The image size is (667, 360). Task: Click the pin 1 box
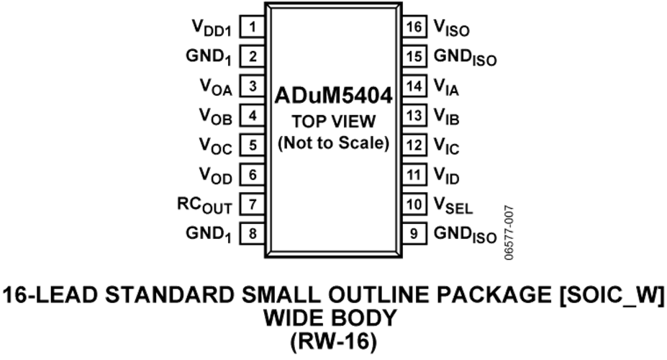[x=253, y=27]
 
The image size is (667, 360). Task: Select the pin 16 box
[x=414, y=27]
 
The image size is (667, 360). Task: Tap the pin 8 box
[x=253, y=233]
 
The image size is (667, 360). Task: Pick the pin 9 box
[x=414, y=233]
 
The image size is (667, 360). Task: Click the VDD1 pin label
[x=212, y=29]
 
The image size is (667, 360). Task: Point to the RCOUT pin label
[x=204, y=205]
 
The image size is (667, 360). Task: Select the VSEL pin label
[x=453, y=205]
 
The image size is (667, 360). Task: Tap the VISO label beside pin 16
[x=452, y=29]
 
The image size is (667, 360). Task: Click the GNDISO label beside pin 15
[x=465, y=58]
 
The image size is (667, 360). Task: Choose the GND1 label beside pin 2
[x=209, y=58]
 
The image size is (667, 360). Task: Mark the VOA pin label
[x=216, y=88]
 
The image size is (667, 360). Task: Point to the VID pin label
[x=447, y=176]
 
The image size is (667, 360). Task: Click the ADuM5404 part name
[x=333, y=96]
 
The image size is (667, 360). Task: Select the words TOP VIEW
[x=334, y=122]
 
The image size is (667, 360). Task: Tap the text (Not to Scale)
[x=334, y=143]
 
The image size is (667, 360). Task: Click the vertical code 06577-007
[x=509, y=233]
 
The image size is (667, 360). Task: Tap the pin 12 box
[x=414, y=145]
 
